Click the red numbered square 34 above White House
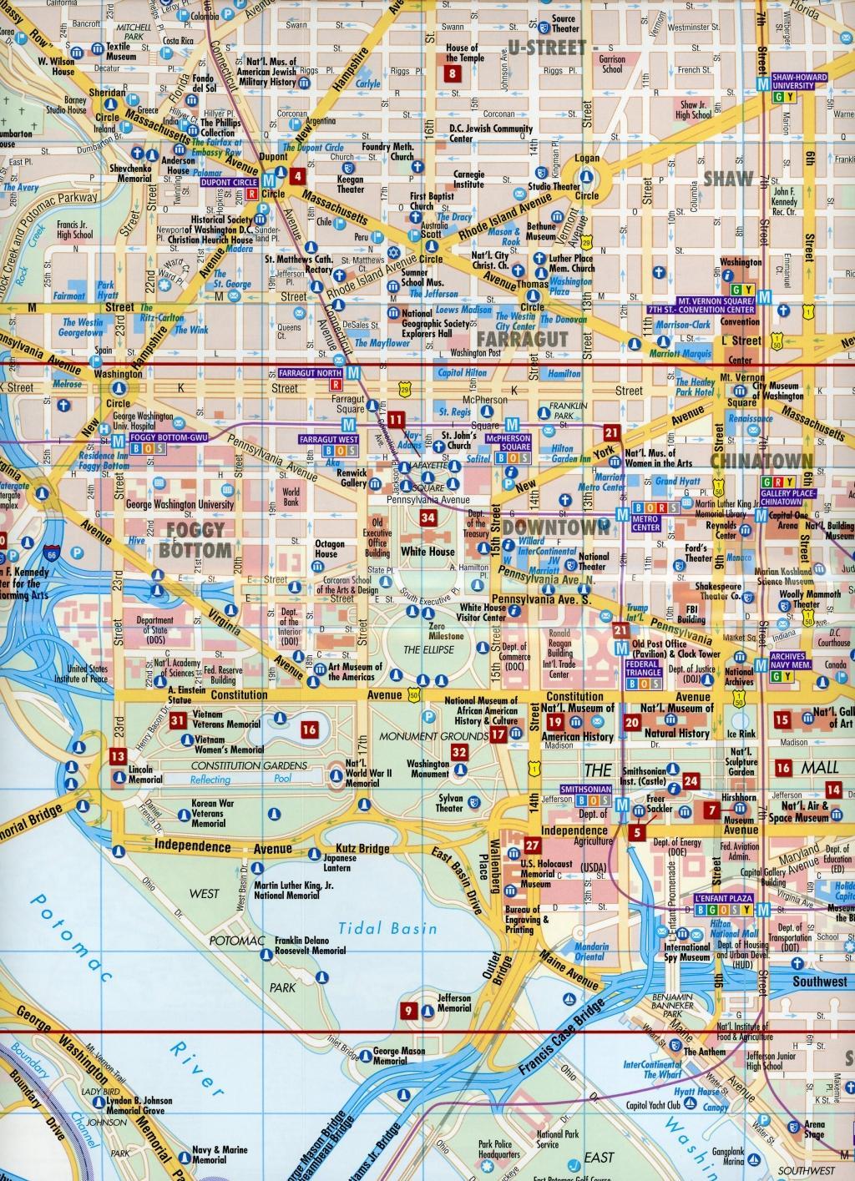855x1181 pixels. (x=428, y=518)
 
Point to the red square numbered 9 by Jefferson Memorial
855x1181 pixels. (x=409, y=1012)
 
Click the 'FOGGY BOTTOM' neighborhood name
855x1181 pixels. (x=194, y=539)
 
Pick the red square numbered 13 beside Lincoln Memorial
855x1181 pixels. (x=117, y=757)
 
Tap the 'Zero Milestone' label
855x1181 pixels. (x=433, y=630)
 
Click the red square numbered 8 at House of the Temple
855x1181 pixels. (x=453, y=73)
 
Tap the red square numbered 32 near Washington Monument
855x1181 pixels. (x=459, y=752)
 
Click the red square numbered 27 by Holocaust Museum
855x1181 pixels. (x=533, y=845)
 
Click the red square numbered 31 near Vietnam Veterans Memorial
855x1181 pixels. (x=177, y=722)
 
